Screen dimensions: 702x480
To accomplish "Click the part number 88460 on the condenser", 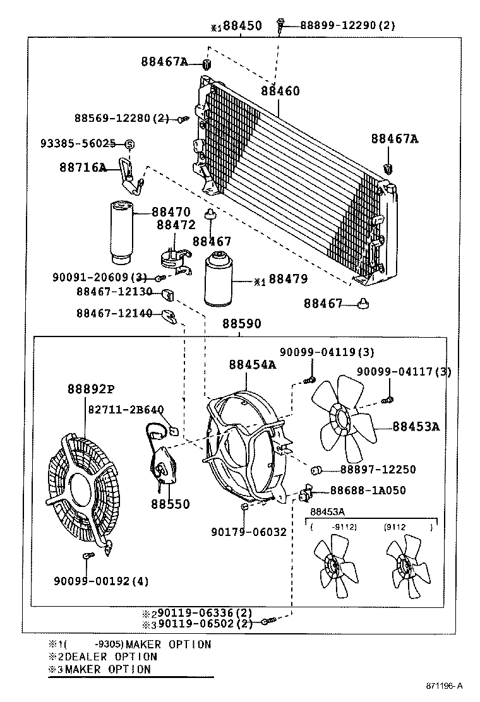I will (281, 92).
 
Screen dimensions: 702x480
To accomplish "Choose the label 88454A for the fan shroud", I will (253, 364).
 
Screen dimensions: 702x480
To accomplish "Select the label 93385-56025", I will (87, 143).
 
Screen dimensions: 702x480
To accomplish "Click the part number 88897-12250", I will (378, 470).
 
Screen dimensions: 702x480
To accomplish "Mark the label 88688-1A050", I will (368, 491).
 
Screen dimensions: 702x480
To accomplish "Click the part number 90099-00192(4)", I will (101, 581).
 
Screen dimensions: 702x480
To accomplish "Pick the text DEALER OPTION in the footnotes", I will (111, 657).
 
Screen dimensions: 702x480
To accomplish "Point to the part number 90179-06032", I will (249, 532).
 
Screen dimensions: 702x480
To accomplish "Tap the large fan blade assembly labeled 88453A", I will (345, 420).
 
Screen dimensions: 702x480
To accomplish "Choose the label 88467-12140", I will (114, 313).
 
